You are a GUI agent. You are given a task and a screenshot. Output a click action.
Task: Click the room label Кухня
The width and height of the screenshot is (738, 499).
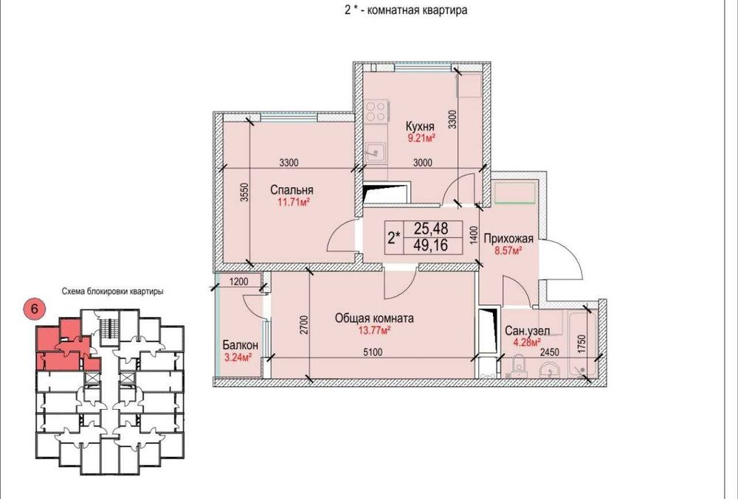tap(420, 126)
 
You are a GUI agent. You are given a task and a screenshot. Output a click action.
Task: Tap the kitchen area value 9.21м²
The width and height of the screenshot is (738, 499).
tap(421, 138)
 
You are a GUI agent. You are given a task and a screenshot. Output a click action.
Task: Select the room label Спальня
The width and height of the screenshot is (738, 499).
tap(292, 190)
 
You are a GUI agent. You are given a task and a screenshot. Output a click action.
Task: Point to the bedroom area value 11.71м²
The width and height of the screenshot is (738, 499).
tap(293, 203)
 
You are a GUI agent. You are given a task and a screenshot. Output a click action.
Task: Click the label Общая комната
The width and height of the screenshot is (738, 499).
tap(374, 318)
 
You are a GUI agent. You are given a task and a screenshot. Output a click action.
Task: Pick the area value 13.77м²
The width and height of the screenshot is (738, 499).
tap(374, 330)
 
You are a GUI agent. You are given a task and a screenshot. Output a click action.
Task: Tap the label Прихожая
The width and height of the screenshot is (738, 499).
tap(508, 239)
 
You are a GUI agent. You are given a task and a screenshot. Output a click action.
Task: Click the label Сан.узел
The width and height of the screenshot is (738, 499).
tap(527, 331)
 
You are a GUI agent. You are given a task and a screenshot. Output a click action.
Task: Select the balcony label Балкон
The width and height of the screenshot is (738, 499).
tap(241, 346)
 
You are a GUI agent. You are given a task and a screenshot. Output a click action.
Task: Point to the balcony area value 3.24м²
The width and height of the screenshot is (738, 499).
tap(237, 357)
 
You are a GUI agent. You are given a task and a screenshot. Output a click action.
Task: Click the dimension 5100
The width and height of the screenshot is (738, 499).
tap(373, 352)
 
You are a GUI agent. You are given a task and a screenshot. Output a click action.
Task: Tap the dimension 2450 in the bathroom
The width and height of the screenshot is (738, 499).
tap(549, 352)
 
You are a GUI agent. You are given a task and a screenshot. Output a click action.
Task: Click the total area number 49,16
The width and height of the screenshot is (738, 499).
tap(431, 245)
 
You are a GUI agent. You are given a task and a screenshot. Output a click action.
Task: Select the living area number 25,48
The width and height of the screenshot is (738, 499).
tap(431, 228)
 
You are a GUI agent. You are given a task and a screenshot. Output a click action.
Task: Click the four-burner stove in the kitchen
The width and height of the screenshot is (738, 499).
tap(377, 111)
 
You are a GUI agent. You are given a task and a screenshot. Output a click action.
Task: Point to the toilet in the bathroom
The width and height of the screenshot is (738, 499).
tap(519, 366)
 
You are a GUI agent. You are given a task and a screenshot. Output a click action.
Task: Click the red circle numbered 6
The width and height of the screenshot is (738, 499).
tap(34, 309)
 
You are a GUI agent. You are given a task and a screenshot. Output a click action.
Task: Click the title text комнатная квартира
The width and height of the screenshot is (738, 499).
tap(416, 10)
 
